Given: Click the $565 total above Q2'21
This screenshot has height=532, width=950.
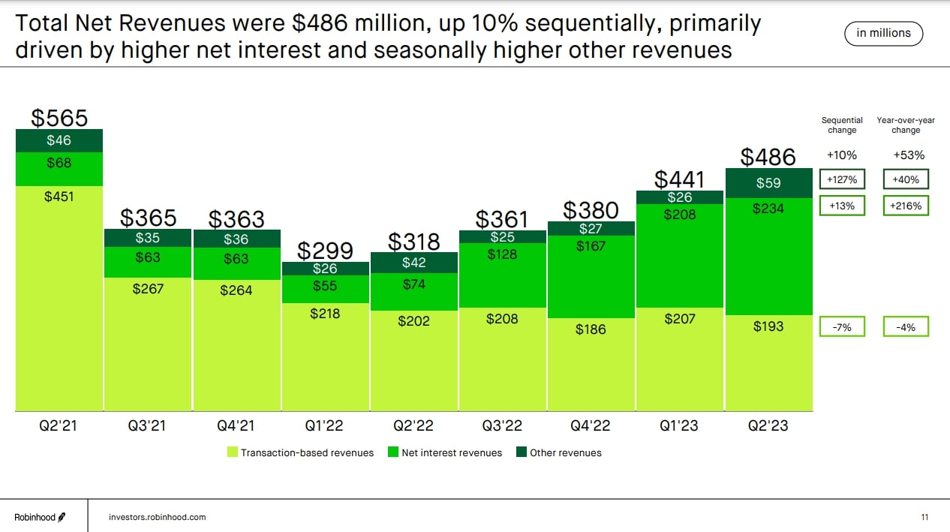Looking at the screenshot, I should point(59,118).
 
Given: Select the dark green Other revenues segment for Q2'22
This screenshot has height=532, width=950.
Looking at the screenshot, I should point(413,263).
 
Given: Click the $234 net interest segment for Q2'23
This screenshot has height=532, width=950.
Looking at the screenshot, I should point(769,255).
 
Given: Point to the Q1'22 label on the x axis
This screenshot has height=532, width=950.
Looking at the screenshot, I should point(324,425).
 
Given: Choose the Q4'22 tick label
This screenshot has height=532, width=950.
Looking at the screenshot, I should point(591,425).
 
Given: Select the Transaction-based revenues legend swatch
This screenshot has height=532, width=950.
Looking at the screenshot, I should point(233,452).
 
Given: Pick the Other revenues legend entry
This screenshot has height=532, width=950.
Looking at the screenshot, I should point(559,452).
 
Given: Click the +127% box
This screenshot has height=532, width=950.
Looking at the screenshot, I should point(842,179).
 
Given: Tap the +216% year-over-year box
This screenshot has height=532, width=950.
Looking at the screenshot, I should point(906,206).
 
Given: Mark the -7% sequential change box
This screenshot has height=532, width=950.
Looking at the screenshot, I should point(842,326).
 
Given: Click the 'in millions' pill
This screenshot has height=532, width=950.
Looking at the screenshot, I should point(883,33).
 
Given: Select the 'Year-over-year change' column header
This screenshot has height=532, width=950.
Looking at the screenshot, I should point(906,125).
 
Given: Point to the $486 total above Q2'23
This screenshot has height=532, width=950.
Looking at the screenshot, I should point(768,156).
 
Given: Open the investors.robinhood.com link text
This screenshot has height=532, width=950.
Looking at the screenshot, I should point(157,517).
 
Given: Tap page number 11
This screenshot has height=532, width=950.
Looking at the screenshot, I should point(924,517).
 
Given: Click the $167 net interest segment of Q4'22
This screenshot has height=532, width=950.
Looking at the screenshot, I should point(591,277).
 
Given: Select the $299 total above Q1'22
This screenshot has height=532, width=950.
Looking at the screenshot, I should point(326,250).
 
